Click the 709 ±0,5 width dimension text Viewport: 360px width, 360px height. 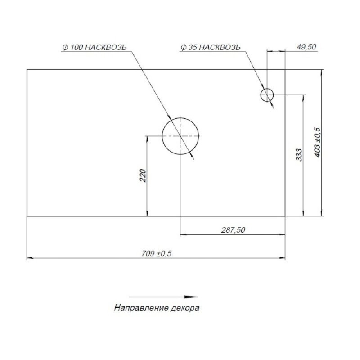156,253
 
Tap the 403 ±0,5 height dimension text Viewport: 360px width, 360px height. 318,142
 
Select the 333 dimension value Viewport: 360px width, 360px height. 299,155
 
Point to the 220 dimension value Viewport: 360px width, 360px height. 143,175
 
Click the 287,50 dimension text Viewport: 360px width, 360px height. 233,230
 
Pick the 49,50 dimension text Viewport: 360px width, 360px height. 306,47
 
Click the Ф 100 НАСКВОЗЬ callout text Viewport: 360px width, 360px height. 94,47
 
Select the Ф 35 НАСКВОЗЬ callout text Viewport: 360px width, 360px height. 211,47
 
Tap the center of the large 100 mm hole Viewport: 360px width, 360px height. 180,136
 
